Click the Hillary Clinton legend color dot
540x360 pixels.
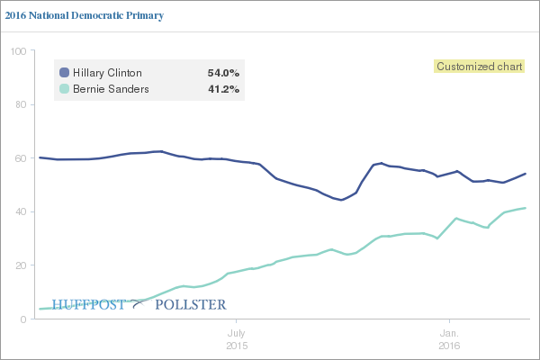(64, 72)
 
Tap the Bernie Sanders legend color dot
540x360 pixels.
(64, 89)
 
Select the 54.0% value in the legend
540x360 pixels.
(223, 72)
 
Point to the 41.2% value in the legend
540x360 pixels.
(223, 89)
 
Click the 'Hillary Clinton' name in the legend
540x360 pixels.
(107, 72)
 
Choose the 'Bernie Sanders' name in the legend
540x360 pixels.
(109, 89)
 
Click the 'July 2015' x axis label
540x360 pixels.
(236, 339)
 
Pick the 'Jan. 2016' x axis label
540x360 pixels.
(449, 339)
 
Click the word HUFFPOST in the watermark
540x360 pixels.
(89, 304)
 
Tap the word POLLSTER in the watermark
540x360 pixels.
(190, 304)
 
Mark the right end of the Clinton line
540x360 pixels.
(526, 174)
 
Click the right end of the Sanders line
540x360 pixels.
(526, 208)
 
